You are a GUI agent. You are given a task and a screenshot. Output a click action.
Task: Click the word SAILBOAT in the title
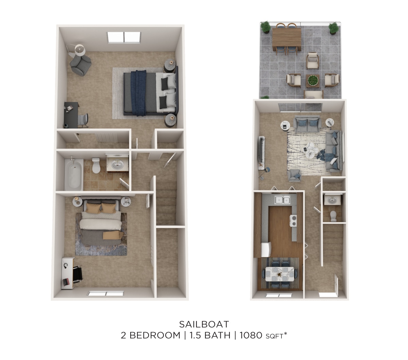pyautogui.click(x=204, y=324)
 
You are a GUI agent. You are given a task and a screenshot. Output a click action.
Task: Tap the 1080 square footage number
pyautogui.click(x=251, y=336)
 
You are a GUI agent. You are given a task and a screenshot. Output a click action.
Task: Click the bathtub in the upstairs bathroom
pyautogui.click(x=74, y=174)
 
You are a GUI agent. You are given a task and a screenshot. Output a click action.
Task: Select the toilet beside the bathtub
pyautogui.click(x=97, y=166)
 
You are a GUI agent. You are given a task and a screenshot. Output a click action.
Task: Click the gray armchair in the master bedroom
pyautogui.click(x=81, y=65)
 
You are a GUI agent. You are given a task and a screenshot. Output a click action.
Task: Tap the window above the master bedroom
pyautogui.click(x=124, y=37)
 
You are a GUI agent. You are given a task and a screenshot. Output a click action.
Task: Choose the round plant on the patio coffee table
pyautogui.click(x=312, y=80)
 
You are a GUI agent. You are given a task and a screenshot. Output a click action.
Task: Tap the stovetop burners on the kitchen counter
pyautogui.click(x=293, y=221)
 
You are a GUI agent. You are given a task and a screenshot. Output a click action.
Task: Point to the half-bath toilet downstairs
pyautogui.click(x=333, y=215)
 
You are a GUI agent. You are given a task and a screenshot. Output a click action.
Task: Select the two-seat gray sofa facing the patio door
pyautogui.click(x=307, y=125)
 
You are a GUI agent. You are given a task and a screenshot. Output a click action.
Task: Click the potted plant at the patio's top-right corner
pyautogui.click(x=334, y=28)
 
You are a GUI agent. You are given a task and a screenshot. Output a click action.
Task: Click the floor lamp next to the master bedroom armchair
pyautogui.click(x=80, y=50)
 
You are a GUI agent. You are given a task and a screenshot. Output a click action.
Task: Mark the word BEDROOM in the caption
pyautogui.click(x=155, y=336)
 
